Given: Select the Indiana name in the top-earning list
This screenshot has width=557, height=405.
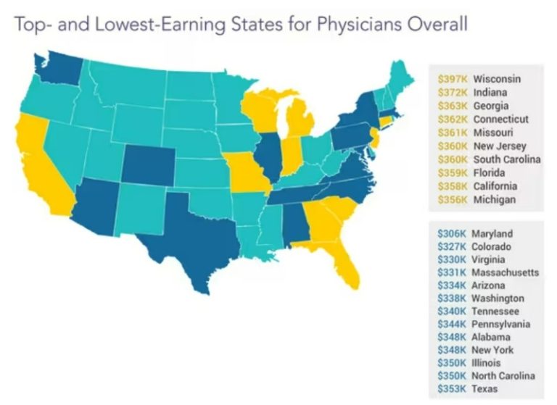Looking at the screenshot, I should [490, 92].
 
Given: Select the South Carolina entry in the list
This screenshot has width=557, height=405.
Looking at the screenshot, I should [507, 159].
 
